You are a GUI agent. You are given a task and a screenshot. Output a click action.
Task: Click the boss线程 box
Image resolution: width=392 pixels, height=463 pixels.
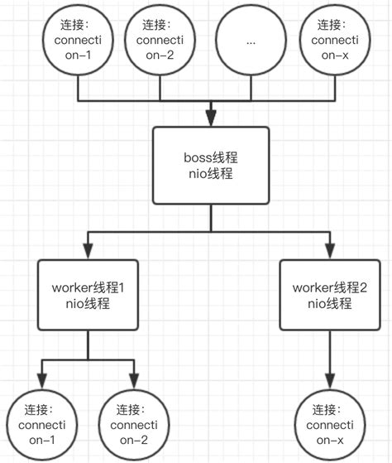[x=211, y=165]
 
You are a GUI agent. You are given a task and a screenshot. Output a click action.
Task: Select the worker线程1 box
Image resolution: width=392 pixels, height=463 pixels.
[x=87, y=296]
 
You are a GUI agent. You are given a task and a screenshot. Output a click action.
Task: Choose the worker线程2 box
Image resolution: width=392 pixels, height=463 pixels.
[x=331, y=296]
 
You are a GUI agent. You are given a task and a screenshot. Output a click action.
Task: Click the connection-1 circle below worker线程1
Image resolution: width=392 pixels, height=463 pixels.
[x=41, y=425]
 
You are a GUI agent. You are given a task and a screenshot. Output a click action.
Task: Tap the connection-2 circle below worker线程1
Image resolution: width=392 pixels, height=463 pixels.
[x=133, y=425]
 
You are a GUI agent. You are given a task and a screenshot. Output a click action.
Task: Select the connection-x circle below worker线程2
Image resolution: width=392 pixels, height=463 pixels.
[x=331, y=425]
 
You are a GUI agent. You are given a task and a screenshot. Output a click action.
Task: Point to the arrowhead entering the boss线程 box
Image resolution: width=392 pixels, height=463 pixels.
[x=211, y=118]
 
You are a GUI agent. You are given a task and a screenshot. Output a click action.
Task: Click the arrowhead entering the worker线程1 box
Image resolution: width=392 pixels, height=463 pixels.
[x=87, y=250]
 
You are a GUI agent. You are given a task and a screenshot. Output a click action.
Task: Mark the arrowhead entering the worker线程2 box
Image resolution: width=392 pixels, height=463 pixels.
[x=331, y=250]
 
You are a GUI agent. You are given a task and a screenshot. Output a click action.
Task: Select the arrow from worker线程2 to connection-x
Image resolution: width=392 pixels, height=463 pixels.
[x=331, y=360]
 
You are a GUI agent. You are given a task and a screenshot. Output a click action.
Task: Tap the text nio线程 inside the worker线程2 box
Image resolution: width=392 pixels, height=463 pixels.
[x=331, y=304]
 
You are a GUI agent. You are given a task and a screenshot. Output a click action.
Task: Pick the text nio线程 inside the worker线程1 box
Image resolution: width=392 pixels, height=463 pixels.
[x=87, y=304]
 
